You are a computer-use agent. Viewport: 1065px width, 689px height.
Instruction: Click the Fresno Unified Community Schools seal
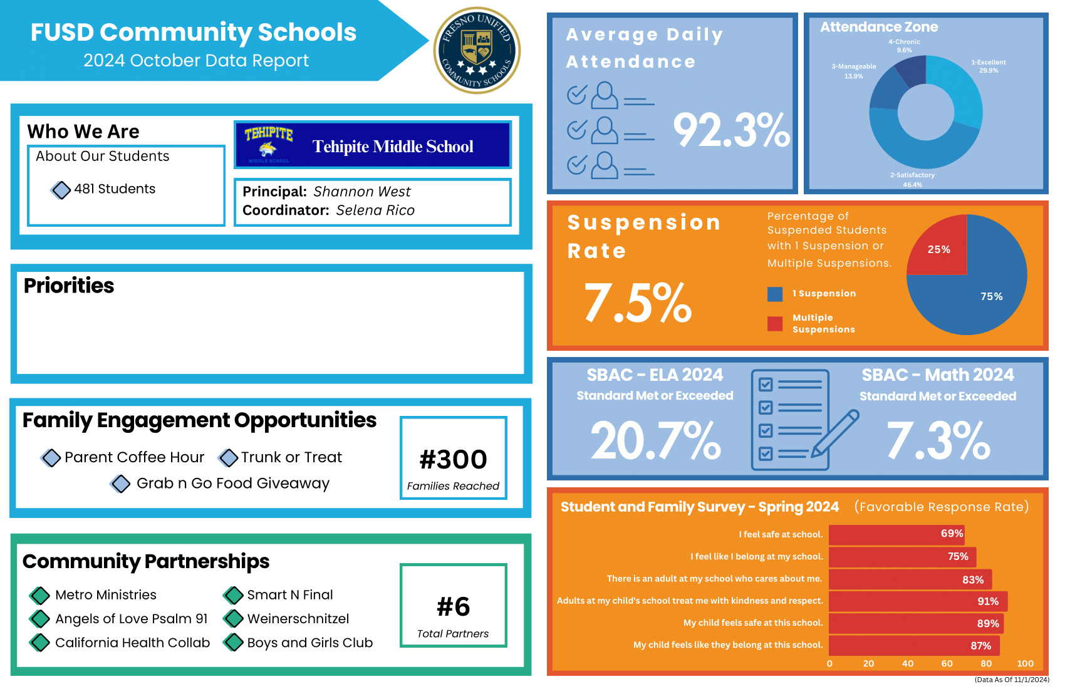(x=477, y=50)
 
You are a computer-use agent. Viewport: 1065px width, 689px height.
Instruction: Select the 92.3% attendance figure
(x=731, y=130)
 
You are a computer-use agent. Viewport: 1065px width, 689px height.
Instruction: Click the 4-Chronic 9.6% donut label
(x=904, y=46)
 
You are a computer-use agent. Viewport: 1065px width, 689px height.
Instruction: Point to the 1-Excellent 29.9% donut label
(x=989, y=66)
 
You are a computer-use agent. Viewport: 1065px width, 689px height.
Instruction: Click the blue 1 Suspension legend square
(x=775, y=294)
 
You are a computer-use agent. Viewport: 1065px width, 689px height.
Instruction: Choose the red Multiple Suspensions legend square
(x=775, y=323)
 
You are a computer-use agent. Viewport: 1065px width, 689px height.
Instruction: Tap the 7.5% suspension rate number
(x=638, y=303)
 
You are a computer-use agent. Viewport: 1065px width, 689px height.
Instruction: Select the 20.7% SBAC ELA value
(x=655, y=440)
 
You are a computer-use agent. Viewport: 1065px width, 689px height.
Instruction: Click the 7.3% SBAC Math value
(x=938, y=440)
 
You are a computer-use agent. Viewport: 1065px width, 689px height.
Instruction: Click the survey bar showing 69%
(x=896, y=534)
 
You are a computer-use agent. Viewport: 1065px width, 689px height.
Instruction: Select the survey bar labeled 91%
(x=918, y=601)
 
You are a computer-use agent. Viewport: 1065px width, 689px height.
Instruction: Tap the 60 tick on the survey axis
(x=947, y=663)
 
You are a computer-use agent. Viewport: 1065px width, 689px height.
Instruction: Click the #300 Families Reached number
(x=453, y=460)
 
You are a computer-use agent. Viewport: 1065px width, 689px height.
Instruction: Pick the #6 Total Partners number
(x=453, y=606)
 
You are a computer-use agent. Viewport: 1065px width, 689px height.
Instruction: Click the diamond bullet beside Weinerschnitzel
(x=234, y=619)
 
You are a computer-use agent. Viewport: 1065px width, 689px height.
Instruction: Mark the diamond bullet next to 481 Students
(x=61, y=189)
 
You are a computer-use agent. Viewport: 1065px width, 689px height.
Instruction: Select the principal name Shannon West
(x=361, y=192)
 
